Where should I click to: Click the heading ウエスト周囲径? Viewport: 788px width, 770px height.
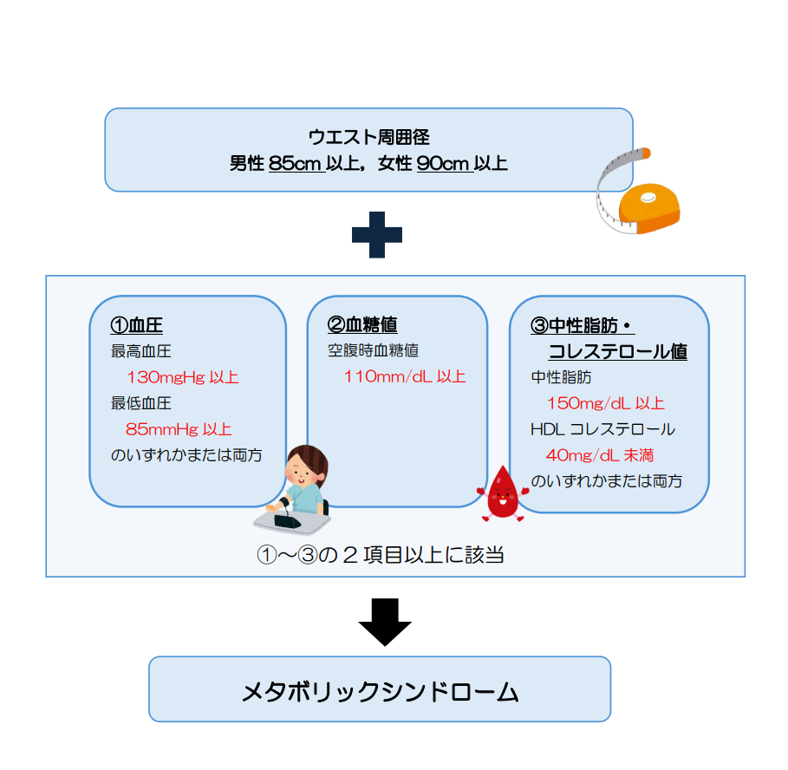368,136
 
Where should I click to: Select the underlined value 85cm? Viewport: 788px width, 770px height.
296,163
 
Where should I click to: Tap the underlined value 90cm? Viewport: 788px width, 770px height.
443,163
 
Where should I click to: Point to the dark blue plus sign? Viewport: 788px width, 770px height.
377,233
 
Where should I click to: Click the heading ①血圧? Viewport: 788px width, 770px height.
137,325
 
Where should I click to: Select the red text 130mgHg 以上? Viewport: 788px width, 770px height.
182,377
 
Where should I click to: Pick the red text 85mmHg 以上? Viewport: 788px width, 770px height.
179,429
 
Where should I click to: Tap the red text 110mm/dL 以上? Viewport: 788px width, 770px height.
405,376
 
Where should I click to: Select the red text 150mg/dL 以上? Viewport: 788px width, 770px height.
605,403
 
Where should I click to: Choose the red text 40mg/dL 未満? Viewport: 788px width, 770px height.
600,455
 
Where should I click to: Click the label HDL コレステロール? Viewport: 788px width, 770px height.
602,429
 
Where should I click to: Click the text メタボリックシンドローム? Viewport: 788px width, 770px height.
380,691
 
